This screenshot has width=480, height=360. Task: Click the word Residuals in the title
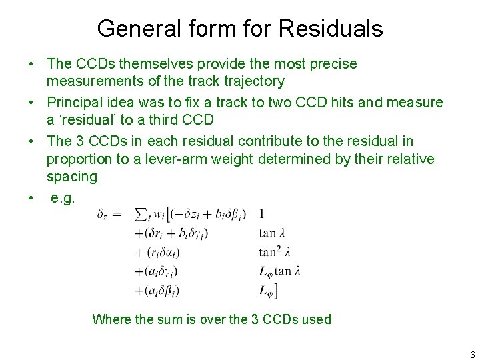331,29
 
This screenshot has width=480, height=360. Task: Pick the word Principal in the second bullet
73,103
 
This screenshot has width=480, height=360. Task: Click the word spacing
71,177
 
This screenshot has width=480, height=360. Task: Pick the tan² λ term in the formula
274,253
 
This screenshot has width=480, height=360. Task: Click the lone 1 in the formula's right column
261,214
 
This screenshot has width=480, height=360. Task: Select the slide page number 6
472,354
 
